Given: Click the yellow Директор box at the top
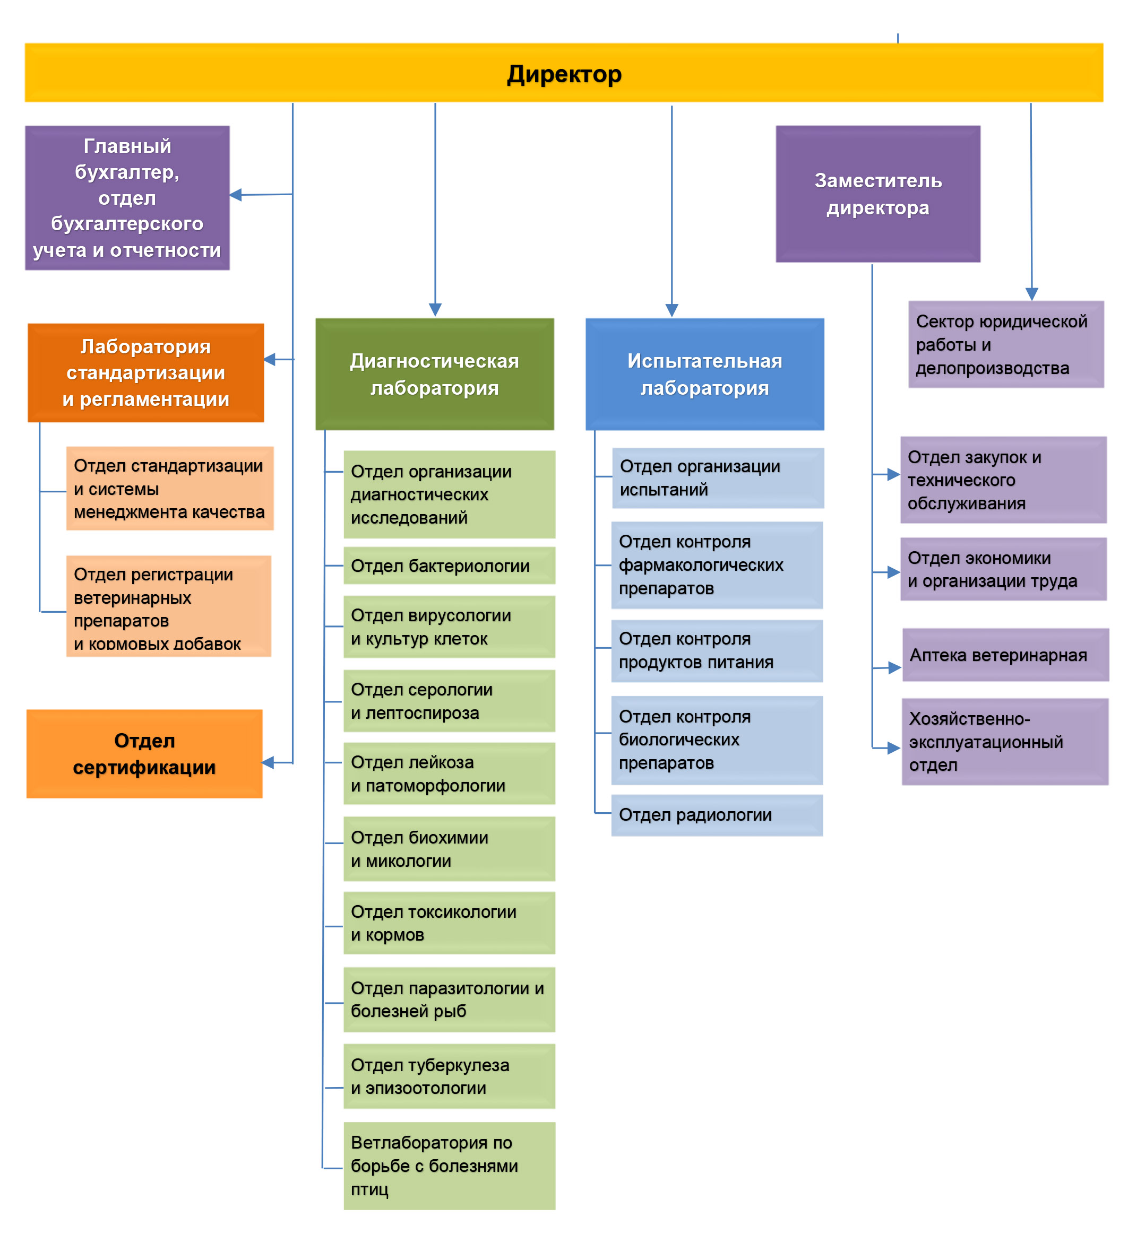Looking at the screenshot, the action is pyautogui.click(x=563, y=73).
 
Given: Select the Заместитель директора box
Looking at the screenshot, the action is pyautogui.click(x=877, y=194).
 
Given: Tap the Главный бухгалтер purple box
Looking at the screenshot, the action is pyautogui.click(x=127, y=197).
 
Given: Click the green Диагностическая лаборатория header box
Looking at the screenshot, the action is pyautogui.click(x=434, y=373).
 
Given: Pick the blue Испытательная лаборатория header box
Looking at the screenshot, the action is pyautogui.click(x=705, y=373).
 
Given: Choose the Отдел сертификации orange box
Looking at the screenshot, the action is pyautogui.click(x=144, y=753).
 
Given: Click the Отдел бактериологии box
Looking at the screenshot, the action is pyautogui.click(x=449, y=565).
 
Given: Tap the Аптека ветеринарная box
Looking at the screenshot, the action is pyautogui.click(x=1005, y=655).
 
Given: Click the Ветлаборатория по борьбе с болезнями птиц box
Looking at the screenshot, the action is pyautogui.click(x=449, y=1166).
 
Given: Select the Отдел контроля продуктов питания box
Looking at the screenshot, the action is pyautogui.click(x=717, y=650).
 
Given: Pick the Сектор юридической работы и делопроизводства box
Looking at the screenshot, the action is pyautogui.click(x=1006, y=344).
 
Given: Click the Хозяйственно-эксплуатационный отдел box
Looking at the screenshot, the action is pyautogui.click(x=1005, y=742).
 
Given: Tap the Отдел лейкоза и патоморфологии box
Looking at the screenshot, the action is pyautogui.click(x=449, y=773).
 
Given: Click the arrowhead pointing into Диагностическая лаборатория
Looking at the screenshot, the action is pyautogui.click(x=435, y=310).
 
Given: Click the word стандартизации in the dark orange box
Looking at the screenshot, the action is pyautogui.click(x=145, y=372).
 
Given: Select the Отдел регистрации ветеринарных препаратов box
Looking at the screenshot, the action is pyautogui.click(x=169, y=606).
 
